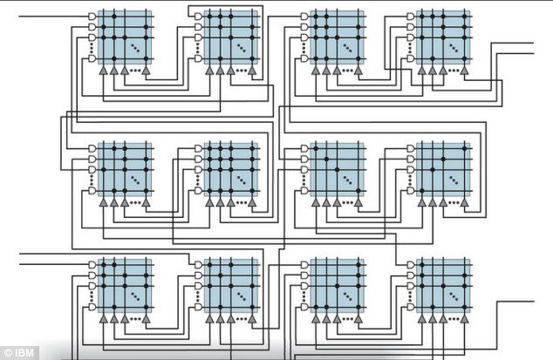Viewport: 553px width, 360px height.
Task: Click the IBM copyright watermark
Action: pyautogui.click(x=17, y=351)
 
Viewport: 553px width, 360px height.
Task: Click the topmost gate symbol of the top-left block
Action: pyautogui.click(x=91, y=17)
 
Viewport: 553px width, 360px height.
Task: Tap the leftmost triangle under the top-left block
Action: pyautogui.click(x=103, y=71)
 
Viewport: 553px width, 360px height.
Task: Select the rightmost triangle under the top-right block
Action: pyautogui.click(x=468, y=71)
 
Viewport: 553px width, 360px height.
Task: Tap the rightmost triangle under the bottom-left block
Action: pyautogui.click(x=146, y=318)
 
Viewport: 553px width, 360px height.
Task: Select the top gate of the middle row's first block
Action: pyautogui.click(x=91, y=149)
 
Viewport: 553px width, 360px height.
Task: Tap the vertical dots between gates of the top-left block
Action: pyautogui.click(x=91, y=49)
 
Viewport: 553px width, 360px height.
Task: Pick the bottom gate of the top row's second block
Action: pyautogui.click(x=198, y=58)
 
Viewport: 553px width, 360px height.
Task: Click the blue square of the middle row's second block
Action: pyautogui.click(x=231, y=168)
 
